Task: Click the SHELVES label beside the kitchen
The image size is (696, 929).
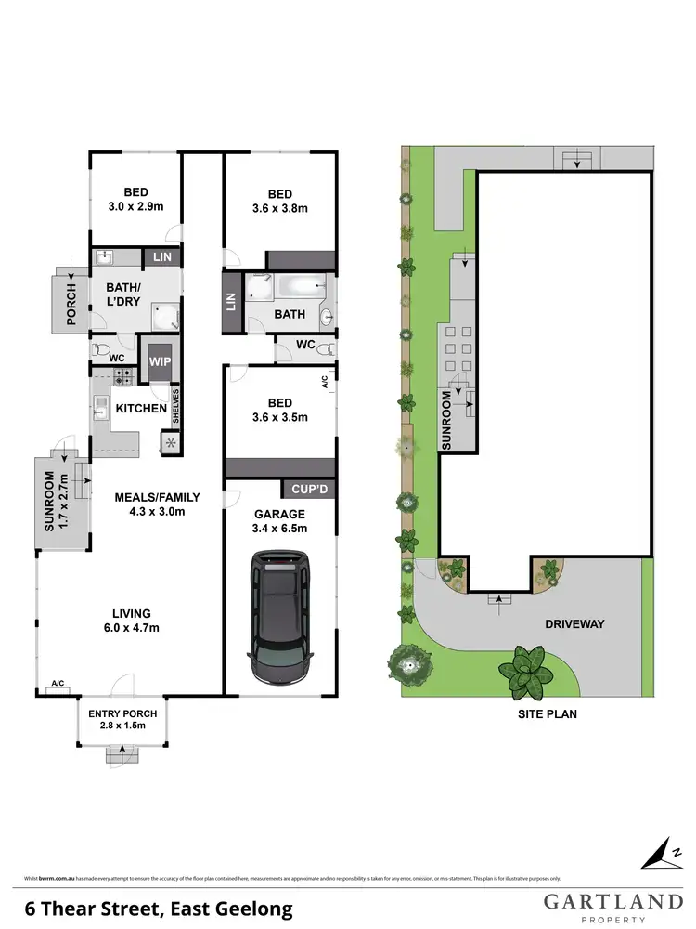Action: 174,406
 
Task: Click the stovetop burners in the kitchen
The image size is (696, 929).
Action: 121,376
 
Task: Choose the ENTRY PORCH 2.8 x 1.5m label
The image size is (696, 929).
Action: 122,719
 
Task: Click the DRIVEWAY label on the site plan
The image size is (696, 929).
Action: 575,623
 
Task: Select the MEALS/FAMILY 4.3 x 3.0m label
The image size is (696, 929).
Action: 156,504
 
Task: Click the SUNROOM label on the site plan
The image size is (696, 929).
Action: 446,420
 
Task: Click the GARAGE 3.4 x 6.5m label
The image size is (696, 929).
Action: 280,521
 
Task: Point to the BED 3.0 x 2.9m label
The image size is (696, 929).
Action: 136,200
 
